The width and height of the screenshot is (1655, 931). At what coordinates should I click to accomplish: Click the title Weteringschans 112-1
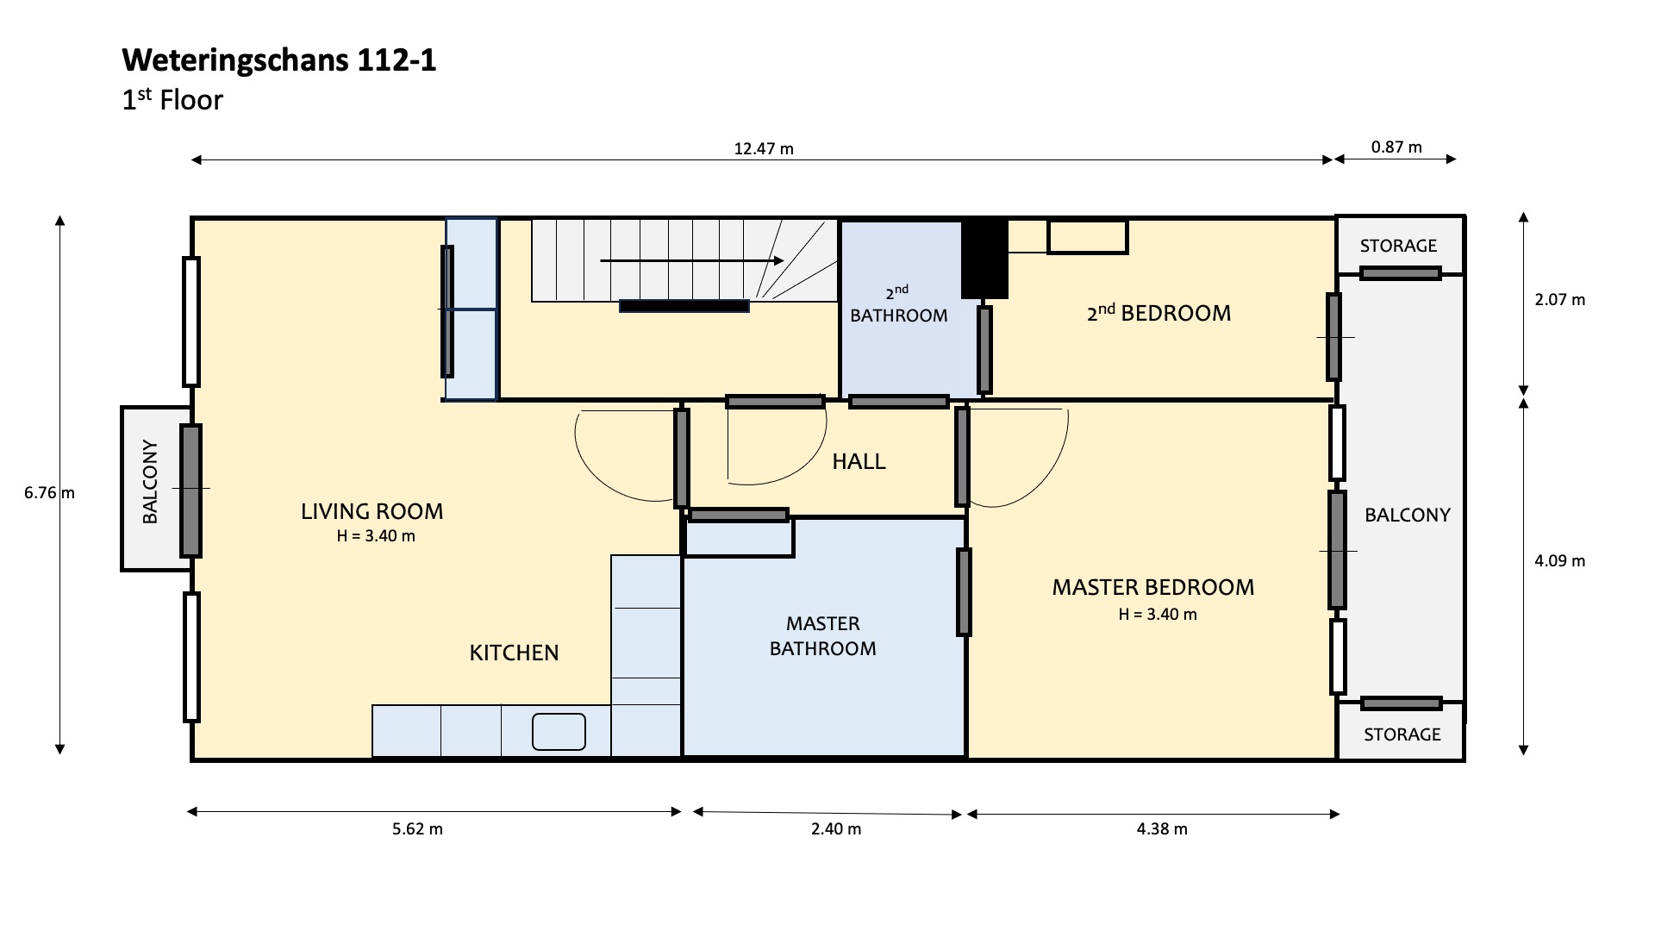coord(279,60)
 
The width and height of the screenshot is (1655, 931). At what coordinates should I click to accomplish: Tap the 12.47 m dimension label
coord(764,148)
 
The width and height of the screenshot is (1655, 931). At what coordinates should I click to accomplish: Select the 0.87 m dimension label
coord(1396,147)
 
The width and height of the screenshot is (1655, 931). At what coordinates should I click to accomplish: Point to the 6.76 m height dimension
coord(49,493)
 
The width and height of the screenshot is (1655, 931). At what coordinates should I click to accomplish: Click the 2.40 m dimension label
coord(835,829)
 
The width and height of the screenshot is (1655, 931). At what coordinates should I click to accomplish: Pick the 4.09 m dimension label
coord(1559,560)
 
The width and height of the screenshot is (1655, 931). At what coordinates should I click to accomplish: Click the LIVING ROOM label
coord(372,511)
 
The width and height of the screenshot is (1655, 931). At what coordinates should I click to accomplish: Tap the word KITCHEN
coord(514,653)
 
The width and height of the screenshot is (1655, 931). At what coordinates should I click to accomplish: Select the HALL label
coord(859,461)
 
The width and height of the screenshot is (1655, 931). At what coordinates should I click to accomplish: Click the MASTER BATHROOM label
coord(822,636)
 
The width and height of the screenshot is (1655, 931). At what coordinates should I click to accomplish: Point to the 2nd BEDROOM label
coord(1158,312)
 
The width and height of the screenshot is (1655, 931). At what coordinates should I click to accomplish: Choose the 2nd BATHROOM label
coord(898,304)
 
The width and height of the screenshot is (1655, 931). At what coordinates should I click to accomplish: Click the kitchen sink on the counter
coord(559,732)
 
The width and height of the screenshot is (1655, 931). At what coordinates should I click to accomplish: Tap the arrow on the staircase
coord(692,260)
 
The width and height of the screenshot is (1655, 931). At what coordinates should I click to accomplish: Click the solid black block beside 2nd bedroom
coord(984,258)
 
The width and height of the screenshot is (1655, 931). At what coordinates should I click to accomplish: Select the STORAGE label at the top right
coord(1398,246)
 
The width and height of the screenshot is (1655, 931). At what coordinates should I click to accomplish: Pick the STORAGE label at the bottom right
coord(1402,734)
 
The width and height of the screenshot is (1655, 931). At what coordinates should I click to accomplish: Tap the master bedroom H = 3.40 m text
coord(1158,615)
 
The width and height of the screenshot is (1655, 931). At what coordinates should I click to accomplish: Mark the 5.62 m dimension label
coord(417,829)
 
